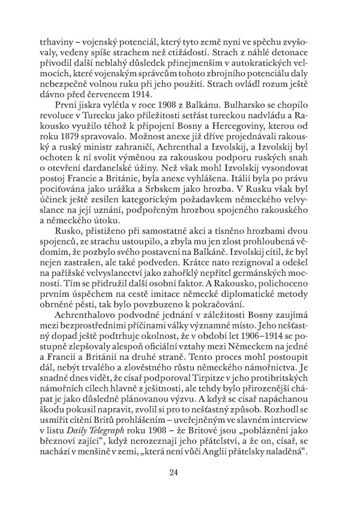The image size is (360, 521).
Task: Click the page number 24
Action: click(x=174, y=472)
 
